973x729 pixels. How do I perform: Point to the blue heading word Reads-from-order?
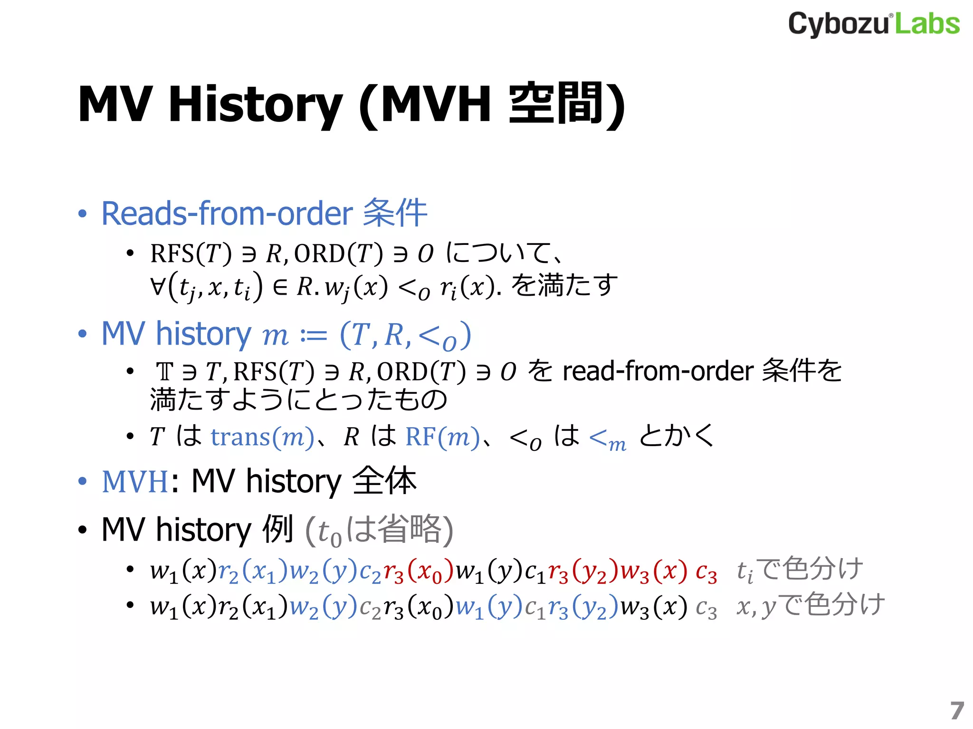227,214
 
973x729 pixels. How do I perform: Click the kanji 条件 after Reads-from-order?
395,213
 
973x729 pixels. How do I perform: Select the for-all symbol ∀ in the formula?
158,286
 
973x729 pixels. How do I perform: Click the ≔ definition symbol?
314,336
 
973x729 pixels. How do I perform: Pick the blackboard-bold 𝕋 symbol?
165,372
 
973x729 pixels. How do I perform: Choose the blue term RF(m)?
442,437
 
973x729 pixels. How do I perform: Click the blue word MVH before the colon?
135,482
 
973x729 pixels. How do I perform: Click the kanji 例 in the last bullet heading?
278,529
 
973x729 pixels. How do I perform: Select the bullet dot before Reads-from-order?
83,214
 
